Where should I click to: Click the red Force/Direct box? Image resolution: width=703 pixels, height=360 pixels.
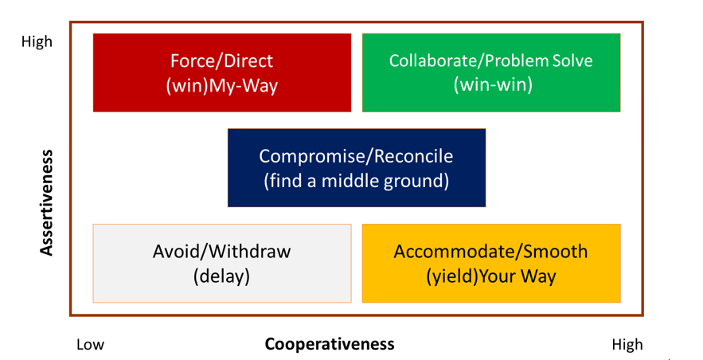tap(222, 72)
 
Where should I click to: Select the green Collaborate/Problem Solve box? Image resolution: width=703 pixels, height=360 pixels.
tap(491, 72)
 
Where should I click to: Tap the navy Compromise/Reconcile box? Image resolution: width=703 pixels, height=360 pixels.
tap(357, 168)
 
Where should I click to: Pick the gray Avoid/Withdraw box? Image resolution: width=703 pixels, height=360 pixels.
tap(222, 263)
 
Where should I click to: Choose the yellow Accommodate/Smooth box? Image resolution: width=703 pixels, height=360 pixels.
tap(491, 263)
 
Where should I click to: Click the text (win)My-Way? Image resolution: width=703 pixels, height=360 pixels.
tap(222, 86)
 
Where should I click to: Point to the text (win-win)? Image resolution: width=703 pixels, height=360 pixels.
tap(493, 84)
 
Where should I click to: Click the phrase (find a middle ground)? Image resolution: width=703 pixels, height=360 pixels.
tap(357, 181)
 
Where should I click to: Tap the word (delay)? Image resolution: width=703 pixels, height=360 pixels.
tap(221, 276)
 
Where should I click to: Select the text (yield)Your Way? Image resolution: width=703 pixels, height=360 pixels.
tap(491, 276)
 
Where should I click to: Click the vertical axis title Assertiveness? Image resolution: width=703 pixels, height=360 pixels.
tap(46, 202)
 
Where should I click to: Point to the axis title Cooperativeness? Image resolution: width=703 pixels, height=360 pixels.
tap(330, 344)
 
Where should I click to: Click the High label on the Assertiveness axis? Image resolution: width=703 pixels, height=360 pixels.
tap(37, 41)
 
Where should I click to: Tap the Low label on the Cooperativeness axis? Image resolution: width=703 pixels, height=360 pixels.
tap(90, 344)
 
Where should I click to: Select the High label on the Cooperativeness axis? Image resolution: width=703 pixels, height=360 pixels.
tap(627, 345)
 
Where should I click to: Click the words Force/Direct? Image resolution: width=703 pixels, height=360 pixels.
tap(222, 61)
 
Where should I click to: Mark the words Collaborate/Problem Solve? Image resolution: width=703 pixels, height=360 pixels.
tap(491, 61)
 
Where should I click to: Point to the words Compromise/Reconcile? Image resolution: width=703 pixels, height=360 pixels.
tap(356, 156)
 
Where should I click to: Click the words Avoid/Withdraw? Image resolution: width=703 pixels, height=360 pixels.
tap(221, 252)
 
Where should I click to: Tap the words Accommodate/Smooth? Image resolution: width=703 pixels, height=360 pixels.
tap(490, 252)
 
